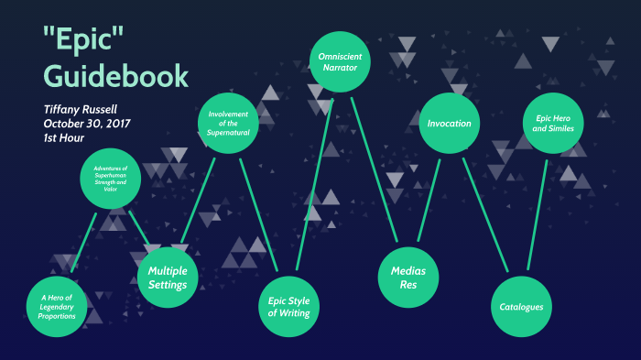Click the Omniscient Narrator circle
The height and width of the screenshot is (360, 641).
[x=338, y=60]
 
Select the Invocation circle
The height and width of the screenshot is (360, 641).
[x=450, y=123]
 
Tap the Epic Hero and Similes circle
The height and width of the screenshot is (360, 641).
[x=554, y=123]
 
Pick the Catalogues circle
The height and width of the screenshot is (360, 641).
[x=522, y=307]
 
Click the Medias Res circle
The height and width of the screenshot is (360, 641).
[x=408, y=278]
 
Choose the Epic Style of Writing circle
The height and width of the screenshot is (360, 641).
[x=288, y=306]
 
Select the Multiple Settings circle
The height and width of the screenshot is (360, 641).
[x=168, y=278]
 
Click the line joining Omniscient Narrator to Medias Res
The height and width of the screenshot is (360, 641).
[x=373, y=165]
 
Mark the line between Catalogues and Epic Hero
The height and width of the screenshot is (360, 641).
[x=538, y=215]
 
